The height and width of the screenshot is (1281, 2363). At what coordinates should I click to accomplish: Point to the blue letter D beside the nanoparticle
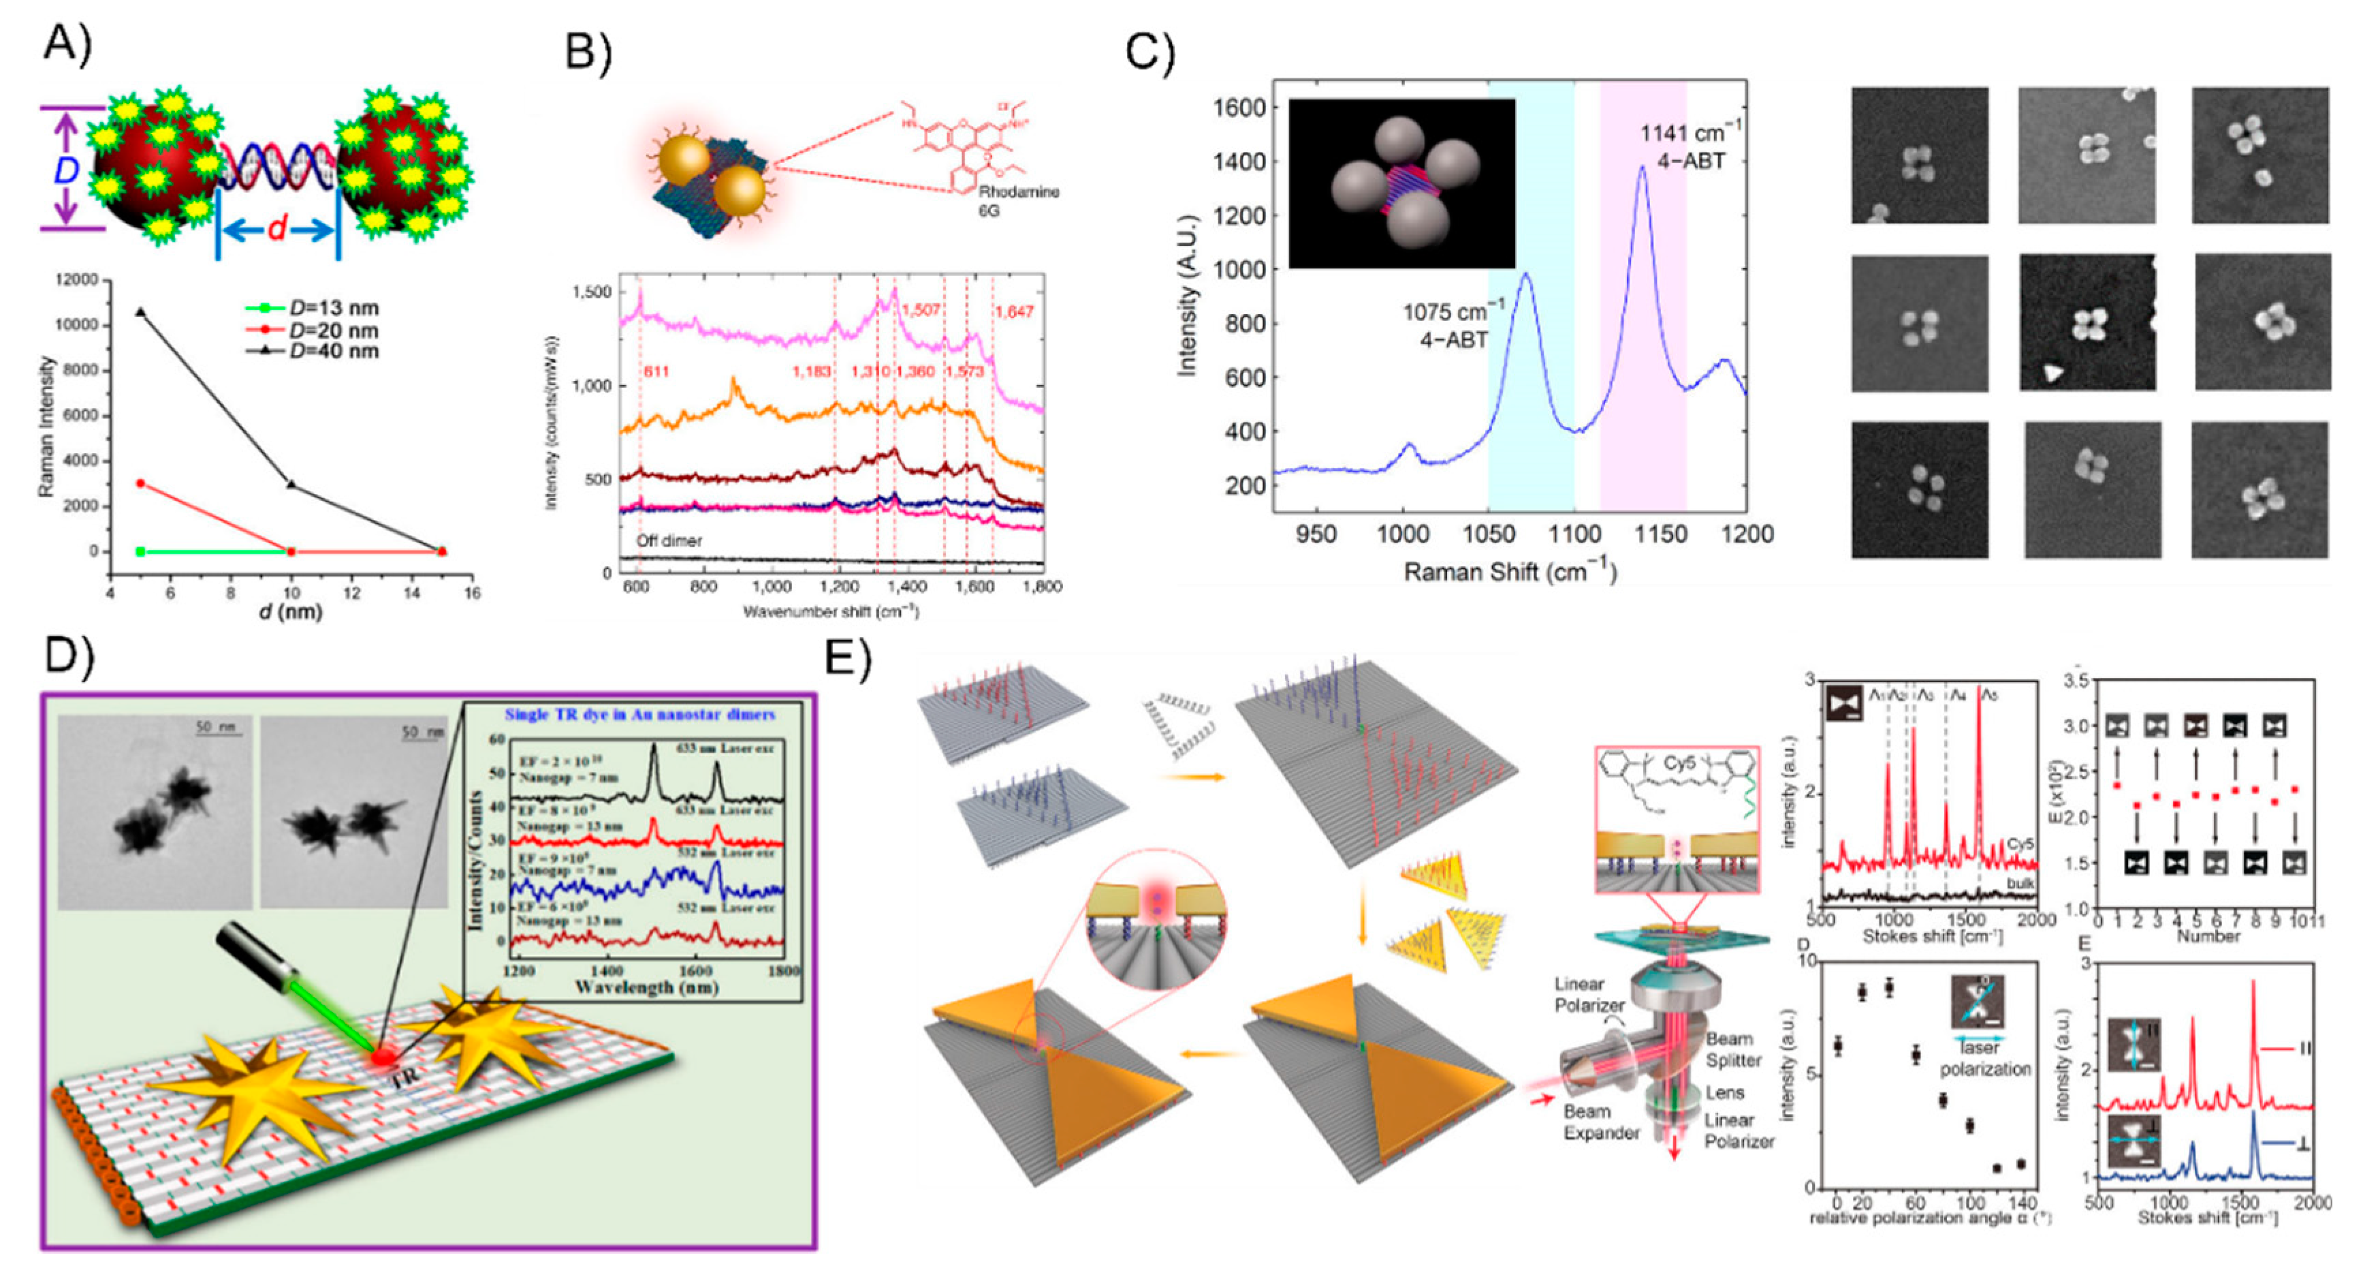[66, 170]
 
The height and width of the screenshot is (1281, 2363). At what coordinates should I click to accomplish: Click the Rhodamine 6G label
[1017, 200]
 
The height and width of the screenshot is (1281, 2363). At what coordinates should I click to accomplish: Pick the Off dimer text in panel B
[669, 540]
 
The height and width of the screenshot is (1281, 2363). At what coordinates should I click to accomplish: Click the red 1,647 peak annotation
[1013, 312]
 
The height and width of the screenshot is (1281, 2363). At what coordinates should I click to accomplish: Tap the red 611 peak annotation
[655, 371]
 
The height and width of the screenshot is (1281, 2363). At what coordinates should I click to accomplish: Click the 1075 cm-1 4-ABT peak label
[1452, 326]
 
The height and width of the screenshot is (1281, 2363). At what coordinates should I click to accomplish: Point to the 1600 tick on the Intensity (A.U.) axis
[1239, 108]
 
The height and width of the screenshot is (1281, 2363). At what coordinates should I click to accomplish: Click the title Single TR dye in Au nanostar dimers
[639, 714]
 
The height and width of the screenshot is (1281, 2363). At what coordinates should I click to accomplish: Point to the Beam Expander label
[1601, 1122]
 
